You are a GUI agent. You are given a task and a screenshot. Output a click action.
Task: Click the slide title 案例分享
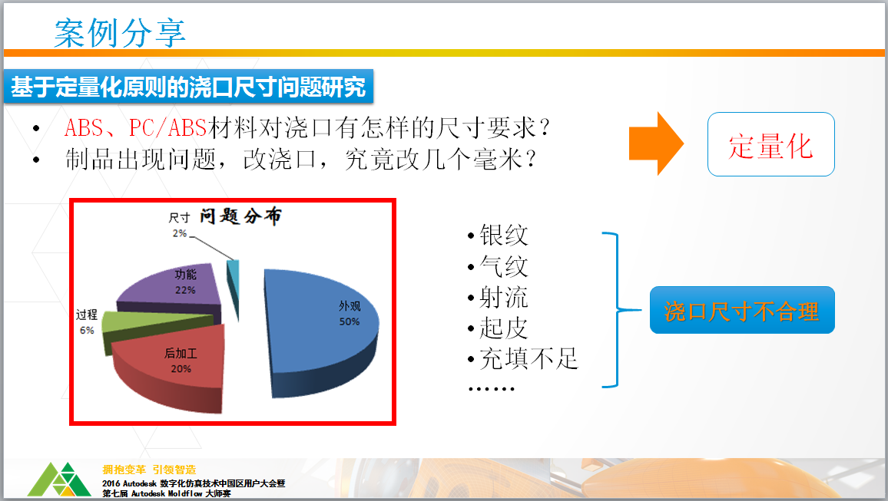click(120, 33)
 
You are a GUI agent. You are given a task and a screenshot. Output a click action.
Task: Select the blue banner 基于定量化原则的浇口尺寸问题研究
click(189, 87)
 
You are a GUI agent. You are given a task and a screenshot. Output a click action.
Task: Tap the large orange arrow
click(656, 143)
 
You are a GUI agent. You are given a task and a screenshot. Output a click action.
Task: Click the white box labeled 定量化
click(770, 144)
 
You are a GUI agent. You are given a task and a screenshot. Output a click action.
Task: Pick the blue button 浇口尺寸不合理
click(742, 310)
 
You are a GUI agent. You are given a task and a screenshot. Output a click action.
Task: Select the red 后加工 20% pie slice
click(170, 368)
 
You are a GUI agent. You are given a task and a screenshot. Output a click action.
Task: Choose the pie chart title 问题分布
click(240, 216)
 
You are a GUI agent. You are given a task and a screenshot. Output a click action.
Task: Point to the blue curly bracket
click(617, 310)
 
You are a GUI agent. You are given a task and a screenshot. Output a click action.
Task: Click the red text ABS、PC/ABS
click(135, 128)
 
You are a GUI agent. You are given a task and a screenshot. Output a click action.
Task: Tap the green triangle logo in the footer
click(59, 480)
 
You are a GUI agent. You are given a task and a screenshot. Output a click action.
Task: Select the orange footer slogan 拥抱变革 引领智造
click(150, 470)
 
